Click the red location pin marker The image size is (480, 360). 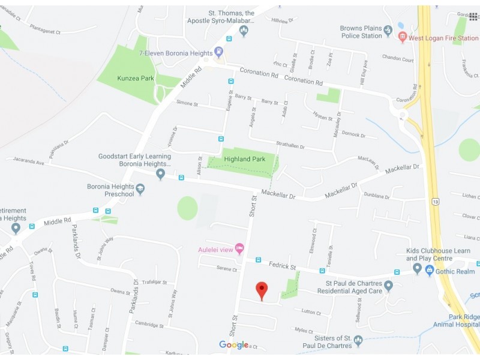[261, 290]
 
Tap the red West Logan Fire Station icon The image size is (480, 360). [403, 36]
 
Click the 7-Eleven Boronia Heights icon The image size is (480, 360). [219, 52]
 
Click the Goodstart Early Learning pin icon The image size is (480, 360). [160, 174]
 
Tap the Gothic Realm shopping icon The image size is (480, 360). [430, 271]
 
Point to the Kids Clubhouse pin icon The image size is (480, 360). [417, 268]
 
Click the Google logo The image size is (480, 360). [233, 344]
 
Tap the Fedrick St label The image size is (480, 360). [282, 265]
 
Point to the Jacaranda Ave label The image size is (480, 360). [30, 162]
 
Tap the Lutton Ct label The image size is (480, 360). [311, 313]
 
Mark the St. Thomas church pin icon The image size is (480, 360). [244, 30]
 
